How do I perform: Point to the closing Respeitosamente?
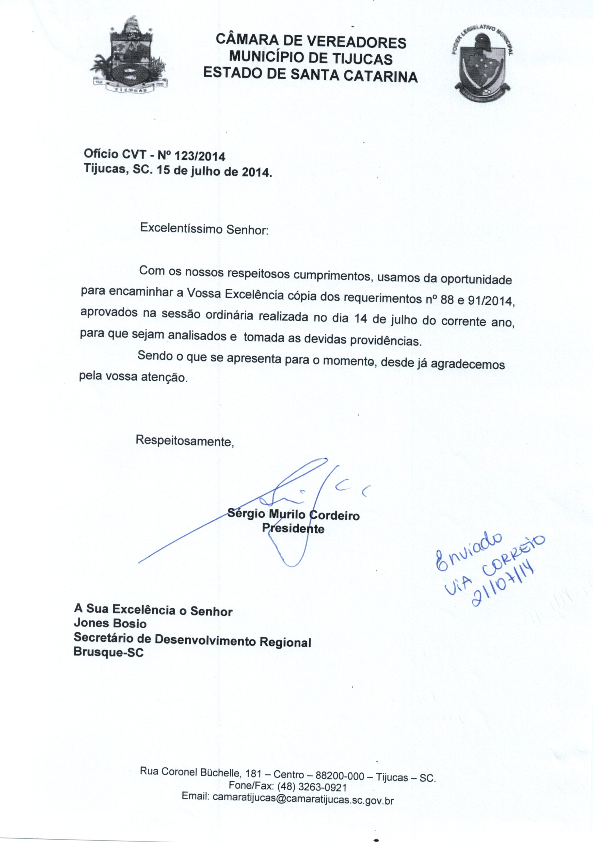point(185,440)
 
